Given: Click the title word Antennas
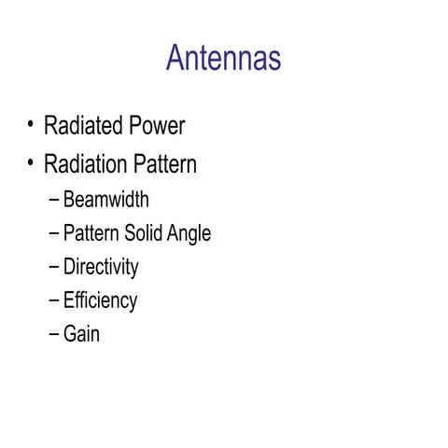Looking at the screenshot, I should (x=223, y=59).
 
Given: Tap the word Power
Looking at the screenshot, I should (x=158, y=126).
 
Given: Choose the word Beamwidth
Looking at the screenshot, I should (x=105, y=200).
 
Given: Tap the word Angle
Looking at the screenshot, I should (x=189, y=234).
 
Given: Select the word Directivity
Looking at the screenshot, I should (x=101, y=267).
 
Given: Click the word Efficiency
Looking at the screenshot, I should (x=100, y=301).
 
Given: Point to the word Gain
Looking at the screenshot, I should (x=81, y=333).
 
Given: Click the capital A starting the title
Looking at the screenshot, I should (x=175, y=59).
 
